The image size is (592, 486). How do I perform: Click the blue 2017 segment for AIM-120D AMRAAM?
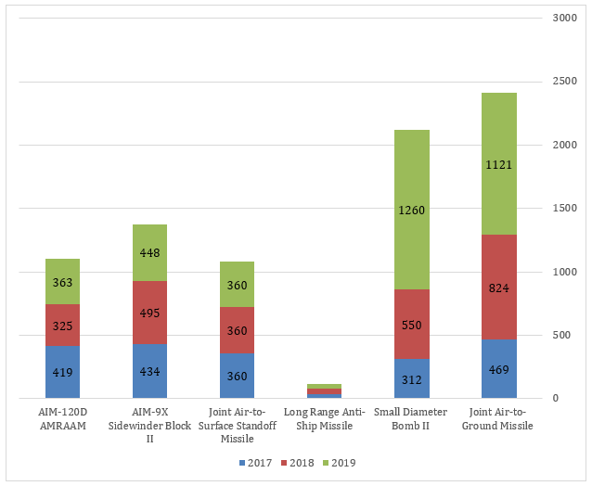[x=62, y=372]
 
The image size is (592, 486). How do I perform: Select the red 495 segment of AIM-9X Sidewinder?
[x=148, y=313]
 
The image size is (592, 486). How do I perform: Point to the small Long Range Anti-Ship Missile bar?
[x=324, y=390]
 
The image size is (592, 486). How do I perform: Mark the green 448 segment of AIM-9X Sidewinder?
[x=148, y=252]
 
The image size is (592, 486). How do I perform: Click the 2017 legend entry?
[x=253, y=463]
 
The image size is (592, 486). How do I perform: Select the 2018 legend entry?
[x=297, y=463]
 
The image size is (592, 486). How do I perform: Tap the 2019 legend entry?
[x=341, y=463]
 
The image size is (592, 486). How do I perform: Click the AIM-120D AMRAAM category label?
[x=62, y=419]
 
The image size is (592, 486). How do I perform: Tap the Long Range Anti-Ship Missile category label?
[x=323, y=419]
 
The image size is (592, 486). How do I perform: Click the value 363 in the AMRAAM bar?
[x=62, y=282]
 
